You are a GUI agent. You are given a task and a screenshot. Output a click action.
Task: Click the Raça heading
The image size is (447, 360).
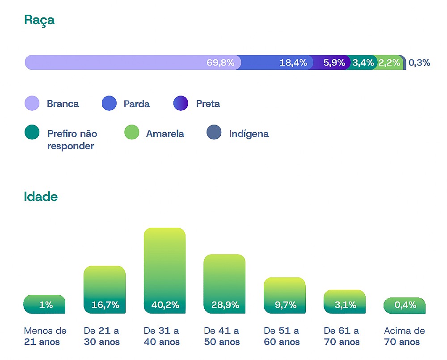pyautogui.click(x=39, y=20)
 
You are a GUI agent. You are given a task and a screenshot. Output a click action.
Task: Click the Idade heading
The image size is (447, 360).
pyautogui.click(x=41, y=197)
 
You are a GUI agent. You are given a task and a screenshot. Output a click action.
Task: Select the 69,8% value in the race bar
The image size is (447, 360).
pyautogui.click(x=220, y=63)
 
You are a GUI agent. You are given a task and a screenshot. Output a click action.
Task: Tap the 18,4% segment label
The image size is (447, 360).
pyautogui.click(x=293, y=63)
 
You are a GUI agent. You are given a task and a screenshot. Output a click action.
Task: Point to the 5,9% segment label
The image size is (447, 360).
pyautogui.click(x=334, y=63)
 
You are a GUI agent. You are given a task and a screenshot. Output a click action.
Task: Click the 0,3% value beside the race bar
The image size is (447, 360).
pyautogui.click(x=419, y=63)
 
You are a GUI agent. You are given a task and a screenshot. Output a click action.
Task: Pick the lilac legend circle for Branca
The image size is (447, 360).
pyautogui.click(x=32, y=104)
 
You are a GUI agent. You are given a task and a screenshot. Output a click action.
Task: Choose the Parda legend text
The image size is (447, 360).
pyautogui.click(x=136, y=104)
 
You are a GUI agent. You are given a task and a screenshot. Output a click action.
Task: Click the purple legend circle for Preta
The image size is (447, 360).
pyautogui.click(x=181, y=104)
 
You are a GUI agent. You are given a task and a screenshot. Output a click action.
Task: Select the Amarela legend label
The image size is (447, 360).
pyautogui.click(x=165, y=134)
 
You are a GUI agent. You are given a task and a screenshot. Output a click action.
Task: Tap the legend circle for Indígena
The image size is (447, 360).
pyautogui.click(x=214, y=132)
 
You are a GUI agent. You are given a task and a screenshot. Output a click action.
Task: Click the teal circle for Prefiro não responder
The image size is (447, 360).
pyautogui.click(x=32, y=132)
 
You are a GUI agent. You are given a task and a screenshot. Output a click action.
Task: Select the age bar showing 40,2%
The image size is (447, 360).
pyautogui.click(x=164, y=270)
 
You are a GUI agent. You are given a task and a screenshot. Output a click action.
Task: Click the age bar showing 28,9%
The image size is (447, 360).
pyautogui.click(x=224, y=284)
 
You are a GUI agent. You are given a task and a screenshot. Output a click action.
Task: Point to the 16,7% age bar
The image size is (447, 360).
pyautogui.click(x=105, y=289)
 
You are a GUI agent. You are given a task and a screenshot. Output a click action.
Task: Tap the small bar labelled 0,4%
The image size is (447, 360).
pyautogui.click(x=405, y=306)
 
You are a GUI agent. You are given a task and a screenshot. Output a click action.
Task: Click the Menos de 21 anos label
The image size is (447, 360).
pyautogui.click(x=45, y=336)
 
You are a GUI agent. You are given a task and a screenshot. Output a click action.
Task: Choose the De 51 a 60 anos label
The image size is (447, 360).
pyautogui.click(x=282, y=336)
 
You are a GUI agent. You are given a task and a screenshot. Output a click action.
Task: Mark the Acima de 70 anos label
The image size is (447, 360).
pyautogui.click(x=404, y=336)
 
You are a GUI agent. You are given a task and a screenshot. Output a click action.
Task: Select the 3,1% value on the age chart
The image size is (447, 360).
pyautogui.click(x=345, y=305)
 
